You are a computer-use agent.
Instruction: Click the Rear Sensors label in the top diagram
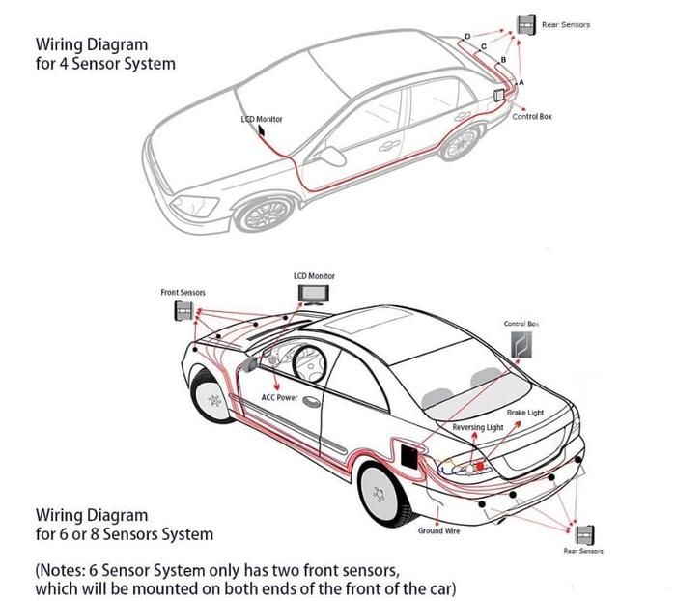click(567, 24)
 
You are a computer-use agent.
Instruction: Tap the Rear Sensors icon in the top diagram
click(526, 26)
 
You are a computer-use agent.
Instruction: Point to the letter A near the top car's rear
click(521, 82)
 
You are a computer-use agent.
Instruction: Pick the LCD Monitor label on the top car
click(262, 119)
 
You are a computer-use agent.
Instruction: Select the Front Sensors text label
click(183, 292)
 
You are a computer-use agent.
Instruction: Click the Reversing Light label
click(478, 426)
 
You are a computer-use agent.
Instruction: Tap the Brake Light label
click(524, 413)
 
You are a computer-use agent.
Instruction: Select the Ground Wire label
click(437, 531)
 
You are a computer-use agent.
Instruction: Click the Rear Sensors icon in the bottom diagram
click(584, 534)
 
